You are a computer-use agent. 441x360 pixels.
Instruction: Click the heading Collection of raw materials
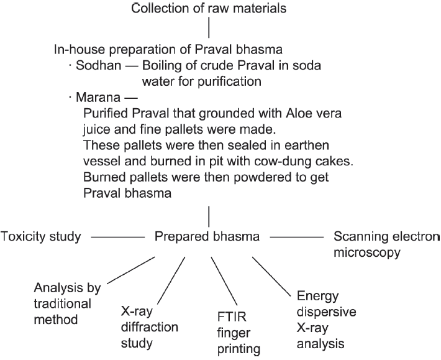pyautogui.click(x=209, y=8)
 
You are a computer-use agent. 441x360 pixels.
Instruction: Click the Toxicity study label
pyautogui.click(x=41, y=236)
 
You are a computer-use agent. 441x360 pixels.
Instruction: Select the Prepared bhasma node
pyautogui.click(x=207, y=236)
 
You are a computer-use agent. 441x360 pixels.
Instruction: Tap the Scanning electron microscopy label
pyautogui.click(x=387, y=244)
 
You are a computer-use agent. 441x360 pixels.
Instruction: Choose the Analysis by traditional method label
pyautogui.click(x=67, y=303)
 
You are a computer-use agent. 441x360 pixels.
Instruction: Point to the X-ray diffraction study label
pyautogui.click(x=149, y=327)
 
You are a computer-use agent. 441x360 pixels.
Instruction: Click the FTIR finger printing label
pyautogui.click(x=239, y=333)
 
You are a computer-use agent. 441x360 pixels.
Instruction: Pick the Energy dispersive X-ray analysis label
pyautogui.click(x=327, y=320)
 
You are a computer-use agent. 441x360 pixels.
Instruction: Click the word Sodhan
pyautogui.click(x=98, y=65)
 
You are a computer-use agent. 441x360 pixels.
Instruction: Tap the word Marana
pyautogui.click(x=98, y=98)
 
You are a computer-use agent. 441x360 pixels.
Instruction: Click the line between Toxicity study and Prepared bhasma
pyautogui.click(x=118, y=237)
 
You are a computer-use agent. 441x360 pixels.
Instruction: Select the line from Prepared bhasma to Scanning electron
pyautogui.click(x=297, y=237)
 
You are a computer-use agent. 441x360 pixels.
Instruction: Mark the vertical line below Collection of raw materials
pyautogui.click(x=209, y=27)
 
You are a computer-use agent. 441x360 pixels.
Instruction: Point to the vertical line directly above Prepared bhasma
pyautogui.click(x=209, y=216)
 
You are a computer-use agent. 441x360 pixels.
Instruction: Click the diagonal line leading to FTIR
pyautogui.click(x=224, y=282)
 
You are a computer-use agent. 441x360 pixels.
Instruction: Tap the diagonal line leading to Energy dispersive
pyautogui.click(x=271, y=277)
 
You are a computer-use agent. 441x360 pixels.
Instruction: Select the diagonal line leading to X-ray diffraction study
pyautogui.click(x=171, y=280)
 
